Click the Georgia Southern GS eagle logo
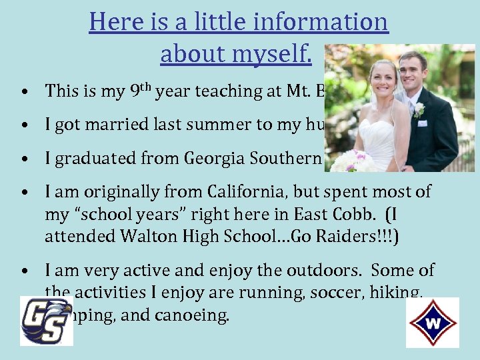coord(45,321)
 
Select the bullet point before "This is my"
coord(23,91)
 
